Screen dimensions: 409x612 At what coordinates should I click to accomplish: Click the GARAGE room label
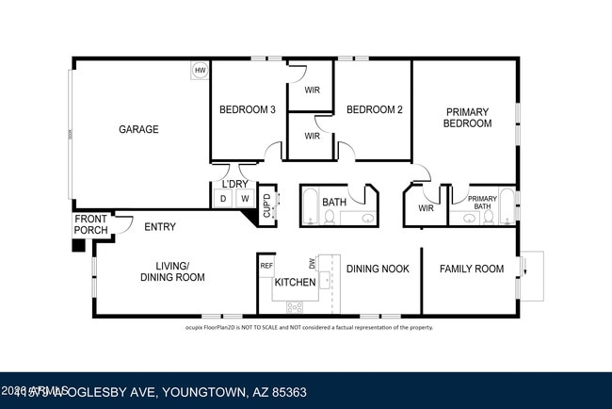pos(137,129)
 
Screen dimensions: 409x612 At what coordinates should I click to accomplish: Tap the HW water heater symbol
pos(200,71)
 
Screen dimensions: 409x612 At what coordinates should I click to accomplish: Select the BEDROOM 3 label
pos(247,109)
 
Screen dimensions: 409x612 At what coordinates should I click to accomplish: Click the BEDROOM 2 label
pos(374,109)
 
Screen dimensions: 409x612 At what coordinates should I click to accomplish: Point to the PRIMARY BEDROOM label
pos(467,118)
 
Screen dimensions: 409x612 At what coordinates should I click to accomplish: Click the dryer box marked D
pos(223,198)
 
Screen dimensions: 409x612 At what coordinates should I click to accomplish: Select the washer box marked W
pos(244,198)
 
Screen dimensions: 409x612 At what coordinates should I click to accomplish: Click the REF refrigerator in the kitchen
pos(266,266)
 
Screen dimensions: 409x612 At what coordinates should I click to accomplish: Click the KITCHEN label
pos(294,282)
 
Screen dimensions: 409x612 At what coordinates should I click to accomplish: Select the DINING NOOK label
pos(378,269)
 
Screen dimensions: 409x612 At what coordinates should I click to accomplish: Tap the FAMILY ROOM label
pos(471,269)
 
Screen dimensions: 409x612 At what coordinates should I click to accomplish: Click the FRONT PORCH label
pos(90,225)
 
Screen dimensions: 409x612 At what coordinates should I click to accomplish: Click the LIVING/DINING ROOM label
pos(172,271)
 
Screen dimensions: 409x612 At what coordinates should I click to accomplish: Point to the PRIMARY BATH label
pos(482,202)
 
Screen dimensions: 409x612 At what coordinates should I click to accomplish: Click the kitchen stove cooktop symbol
pos(294,305)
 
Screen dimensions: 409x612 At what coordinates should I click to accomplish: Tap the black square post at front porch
pos(79,246)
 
